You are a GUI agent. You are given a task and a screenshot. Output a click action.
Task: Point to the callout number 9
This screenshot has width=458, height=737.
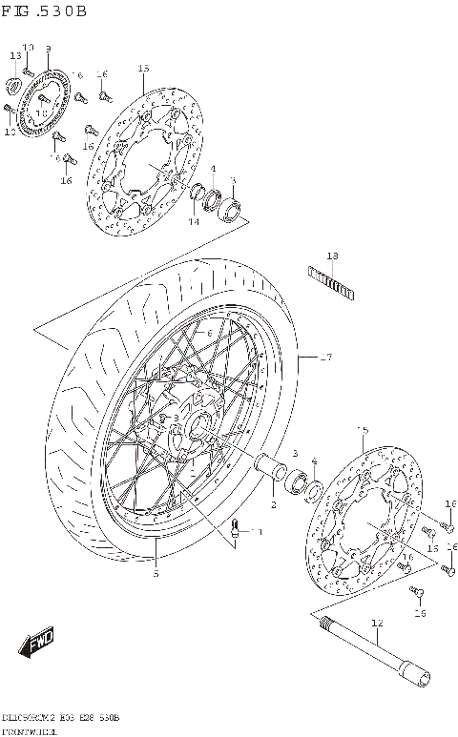point(48,49)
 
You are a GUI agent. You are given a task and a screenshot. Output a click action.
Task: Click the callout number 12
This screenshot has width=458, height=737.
point(376,624)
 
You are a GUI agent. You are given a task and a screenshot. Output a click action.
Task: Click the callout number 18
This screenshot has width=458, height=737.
point(332,256)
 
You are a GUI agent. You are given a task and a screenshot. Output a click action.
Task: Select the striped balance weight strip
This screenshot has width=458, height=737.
point(330,282)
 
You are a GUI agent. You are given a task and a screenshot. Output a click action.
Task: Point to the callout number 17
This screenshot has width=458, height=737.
point(326,358)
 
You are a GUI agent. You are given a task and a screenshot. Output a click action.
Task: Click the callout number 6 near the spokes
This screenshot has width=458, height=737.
point(208,332)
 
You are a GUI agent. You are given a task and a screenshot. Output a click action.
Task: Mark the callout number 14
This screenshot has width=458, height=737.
point(193,222)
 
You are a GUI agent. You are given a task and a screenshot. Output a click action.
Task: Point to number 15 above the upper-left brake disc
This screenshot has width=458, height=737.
point(144,69)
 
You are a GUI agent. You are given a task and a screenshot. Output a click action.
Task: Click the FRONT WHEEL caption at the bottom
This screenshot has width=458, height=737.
point(29,729)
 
